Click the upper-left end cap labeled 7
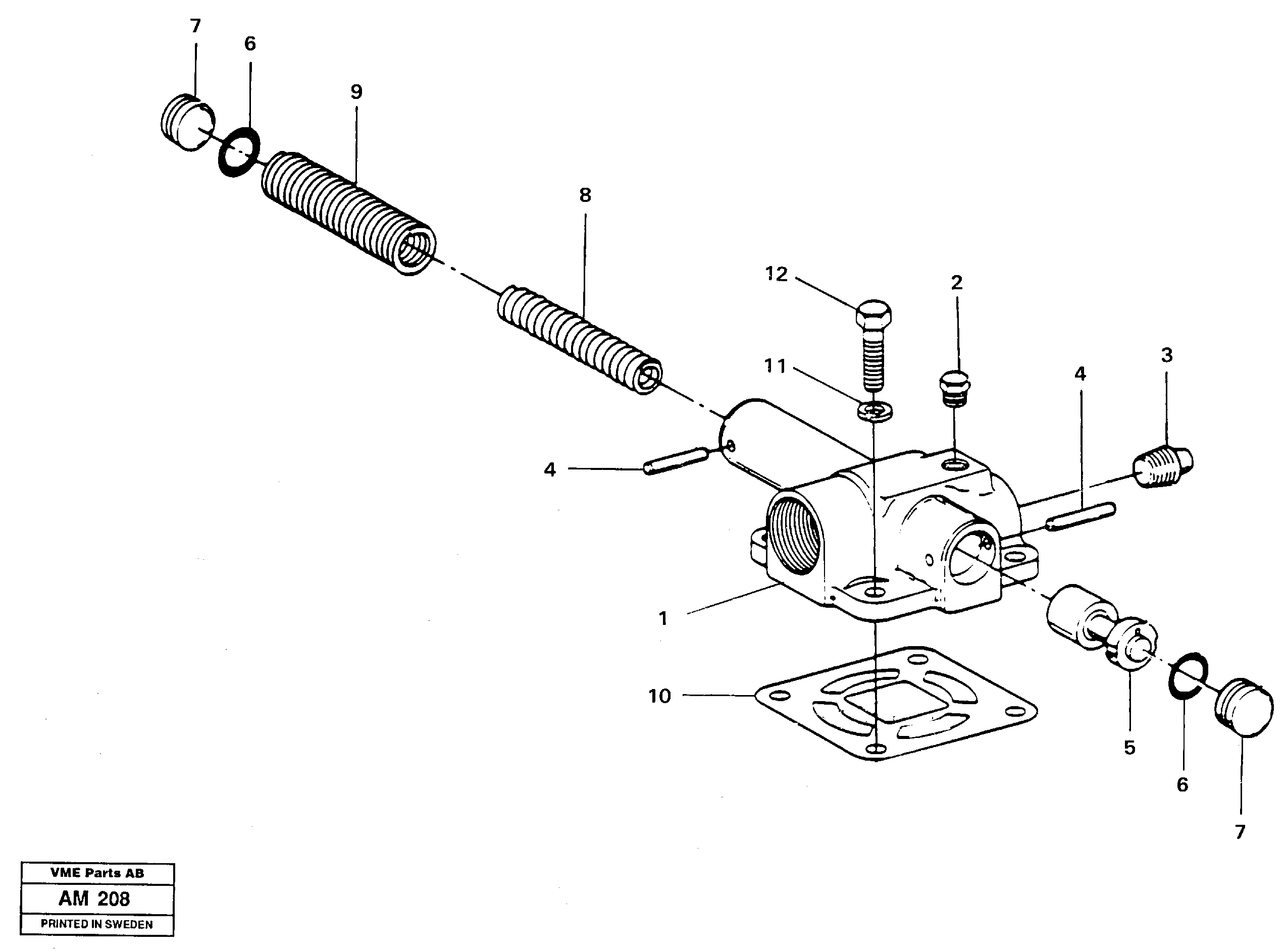188,123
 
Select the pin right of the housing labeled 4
1081,517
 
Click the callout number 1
663,619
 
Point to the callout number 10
659,696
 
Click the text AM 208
94,898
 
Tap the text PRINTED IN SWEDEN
97,924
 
